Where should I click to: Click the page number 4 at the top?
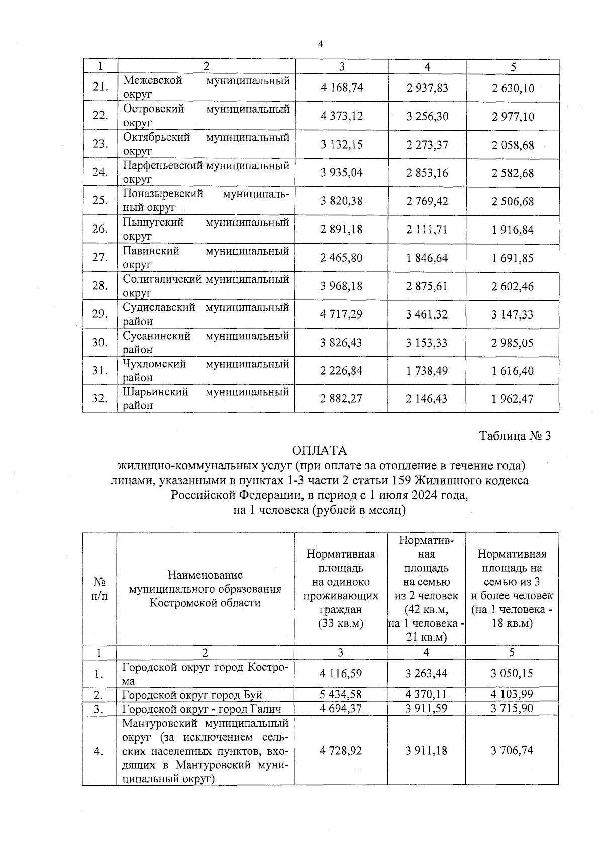pos(320,44)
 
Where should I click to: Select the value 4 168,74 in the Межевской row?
pos(342,88)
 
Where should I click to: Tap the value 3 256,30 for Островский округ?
pos(427,117)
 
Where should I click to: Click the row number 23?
pos(100,144)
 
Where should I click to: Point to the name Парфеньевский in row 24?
pos(163,165)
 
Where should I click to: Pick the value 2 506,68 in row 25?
pos(513,201)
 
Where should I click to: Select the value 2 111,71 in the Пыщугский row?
pos(427,230)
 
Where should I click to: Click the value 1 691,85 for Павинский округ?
pos(513,258)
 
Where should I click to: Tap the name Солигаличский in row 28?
pos(162,279)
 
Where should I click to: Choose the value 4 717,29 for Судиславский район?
pos(342,314)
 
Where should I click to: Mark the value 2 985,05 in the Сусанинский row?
pos(513,343)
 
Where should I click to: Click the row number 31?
pos(100,371)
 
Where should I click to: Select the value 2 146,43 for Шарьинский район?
pos(427,399)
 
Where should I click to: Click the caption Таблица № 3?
pos(515,436)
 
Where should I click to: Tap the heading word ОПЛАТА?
pos(320,451)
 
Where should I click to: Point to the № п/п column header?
pos(100,589)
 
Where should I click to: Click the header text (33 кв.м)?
pos(341,624)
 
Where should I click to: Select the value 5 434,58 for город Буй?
pos(341,695)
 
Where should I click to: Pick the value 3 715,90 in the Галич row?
pos(512,709)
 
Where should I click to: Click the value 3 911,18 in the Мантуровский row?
pos(427,751)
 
